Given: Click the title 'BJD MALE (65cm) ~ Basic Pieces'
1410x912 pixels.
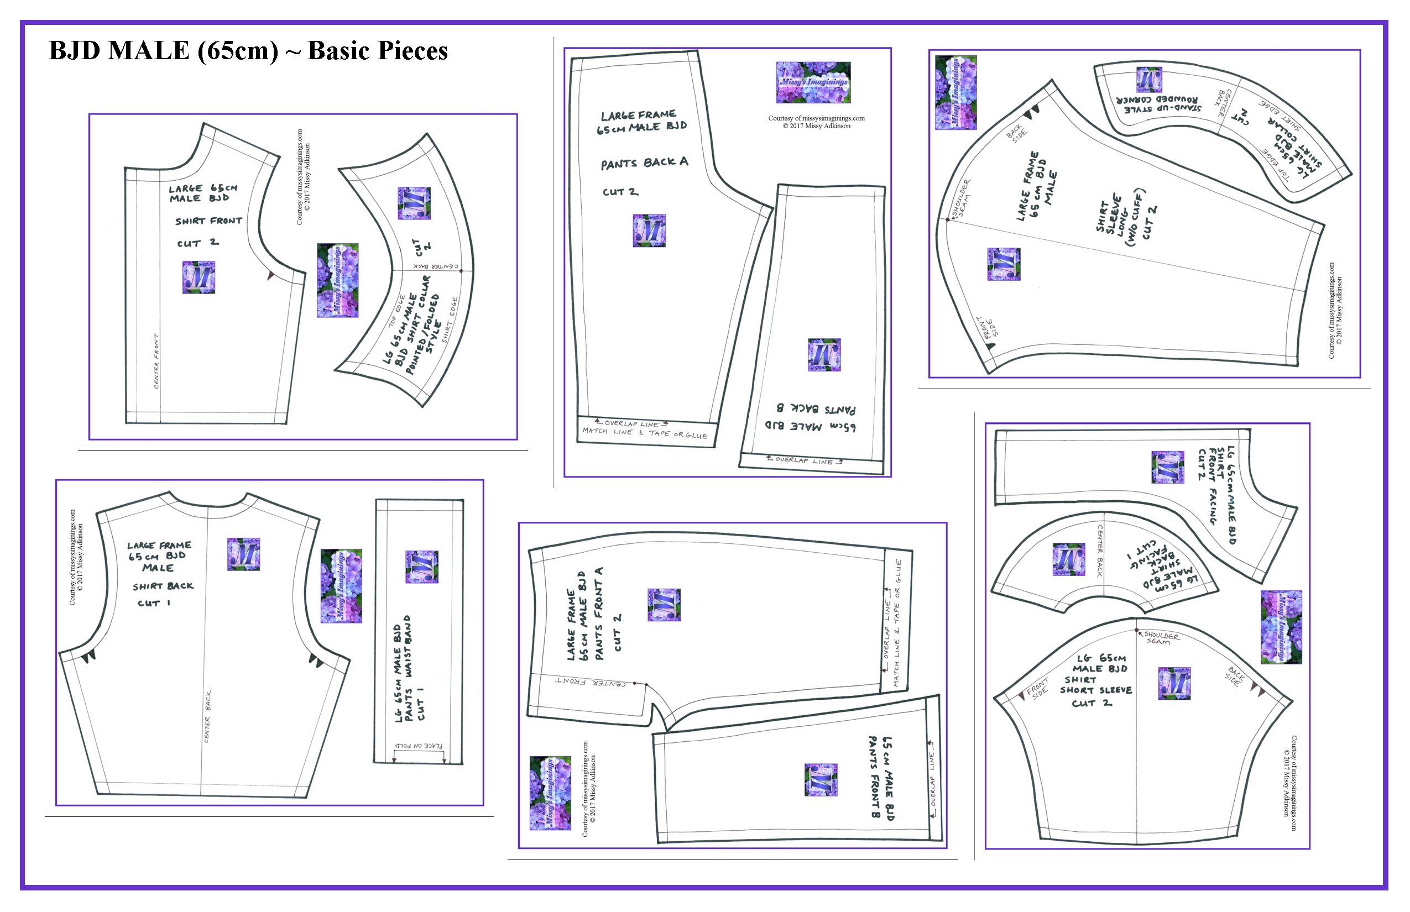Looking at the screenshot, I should [x=248, y=51].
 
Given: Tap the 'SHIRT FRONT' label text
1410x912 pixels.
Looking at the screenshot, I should [x=208, y=221].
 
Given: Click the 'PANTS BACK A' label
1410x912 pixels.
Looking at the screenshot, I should [x=645, y=163].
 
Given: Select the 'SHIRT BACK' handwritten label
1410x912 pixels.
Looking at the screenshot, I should [x=163, y=586].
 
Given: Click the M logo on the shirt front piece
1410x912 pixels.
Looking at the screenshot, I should [x=199, y=277].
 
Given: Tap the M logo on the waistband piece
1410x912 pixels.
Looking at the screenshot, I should [x=422, y=567].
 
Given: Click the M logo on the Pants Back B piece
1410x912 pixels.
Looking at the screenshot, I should [x=824, y=355].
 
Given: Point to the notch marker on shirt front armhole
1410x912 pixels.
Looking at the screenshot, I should [x=271, y=275].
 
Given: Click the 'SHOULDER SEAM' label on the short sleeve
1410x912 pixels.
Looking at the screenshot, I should [x=1160, y=638].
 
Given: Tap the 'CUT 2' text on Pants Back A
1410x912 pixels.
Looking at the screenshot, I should [x=620, y=192].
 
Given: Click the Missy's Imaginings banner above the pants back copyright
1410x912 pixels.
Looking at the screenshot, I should [x=813, y=82].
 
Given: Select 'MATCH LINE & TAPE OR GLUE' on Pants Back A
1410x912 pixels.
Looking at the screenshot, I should [x=645, y=433].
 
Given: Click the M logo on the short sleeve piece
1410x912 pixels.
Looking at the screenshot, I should [x=1174, y=683].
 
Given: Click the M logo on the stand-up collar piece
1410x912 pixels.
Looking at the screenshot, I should [x=1150, y=80].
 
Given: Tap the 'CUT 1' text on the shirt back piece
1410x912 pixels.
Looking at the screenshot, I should [x=154, y=604].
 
